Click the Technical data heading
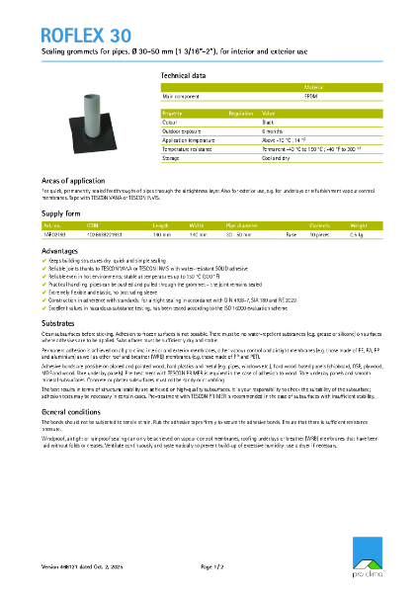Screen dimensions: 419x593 tap(183, 75)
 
